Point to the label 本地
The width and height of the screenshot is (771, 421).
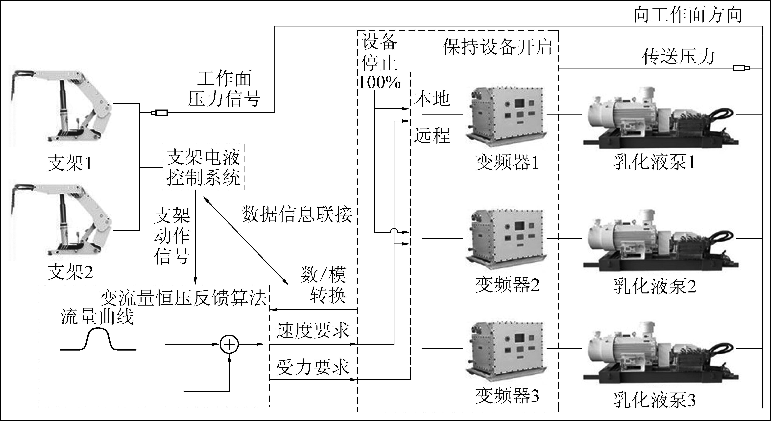click(x=432, y=99)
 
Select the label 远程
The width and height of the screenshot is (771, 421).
click(x=432, y=135)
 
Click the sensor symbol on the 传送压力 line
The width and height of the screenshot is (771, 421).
click(x=741, y=68)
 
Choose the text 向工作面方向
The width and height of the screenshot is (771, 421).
click(x=688, y=15)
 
